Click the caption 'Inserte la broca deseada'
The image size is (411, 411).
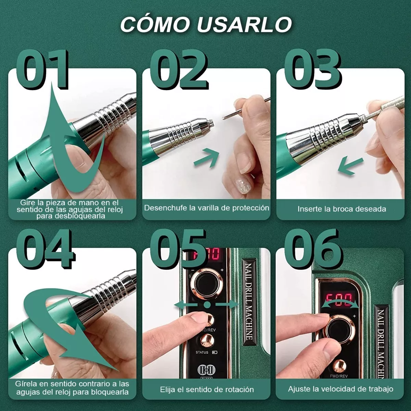click(341, 209)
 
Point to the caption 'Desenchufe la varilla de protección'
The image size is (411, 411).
click(207, 208)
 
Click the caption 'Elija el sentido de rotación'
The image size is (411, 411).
click(207, 389)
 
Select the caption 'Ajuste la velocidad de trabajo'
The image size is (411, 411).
click(340, 389)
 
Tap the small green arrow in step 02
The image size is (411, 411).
click(207, 157)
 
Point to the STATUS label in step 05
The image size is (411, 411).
click(202, 352)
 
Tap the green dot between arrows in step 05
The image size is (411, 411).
click(207, 304)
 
